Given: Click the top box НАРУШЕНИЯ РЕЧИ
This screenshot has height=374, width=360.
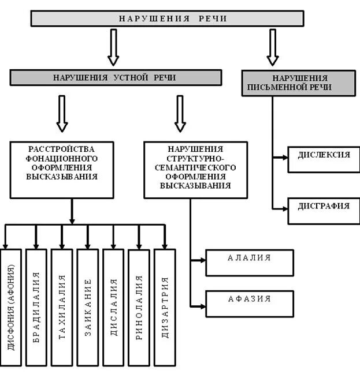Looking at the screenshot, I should click(x=167, y=18).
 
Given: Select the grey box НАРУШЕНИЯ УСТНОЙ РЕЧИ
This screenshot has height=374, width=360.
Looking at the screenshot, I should click(x=116, y=77).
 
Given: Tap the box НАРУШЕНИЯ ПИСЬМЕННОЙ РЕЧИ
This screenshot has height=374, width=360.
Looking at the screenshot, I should click(x=298, y=83).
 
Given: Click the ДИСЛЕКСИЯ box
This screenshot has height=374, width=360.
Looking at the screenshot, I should click(x=324, y=156).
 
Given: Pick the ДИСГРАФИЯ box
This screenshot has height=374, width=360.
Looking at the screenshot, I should click(x=324, y=207).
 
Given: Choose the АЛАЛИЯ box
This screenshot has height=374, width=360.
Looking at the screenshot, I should click(x=250, y=259).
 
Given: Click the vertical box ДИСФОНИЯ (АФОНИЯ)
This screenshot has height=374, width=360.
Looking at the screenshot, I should click(x=12, y=308).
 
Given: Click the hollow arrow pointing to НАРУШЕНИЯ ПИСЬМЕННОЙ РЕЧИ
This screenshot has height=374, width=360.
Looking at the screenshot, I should click(x=273, y=47).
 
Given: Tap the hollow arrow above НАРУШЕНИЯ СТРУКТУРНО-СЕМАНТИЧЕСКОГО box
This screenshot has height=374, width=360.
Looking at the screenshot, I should click(x=180, y=113).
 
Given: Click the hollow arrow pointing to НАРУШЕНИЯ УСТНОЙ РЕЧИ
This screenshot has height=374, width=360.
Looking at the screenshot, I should click(x=113, y=47).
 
